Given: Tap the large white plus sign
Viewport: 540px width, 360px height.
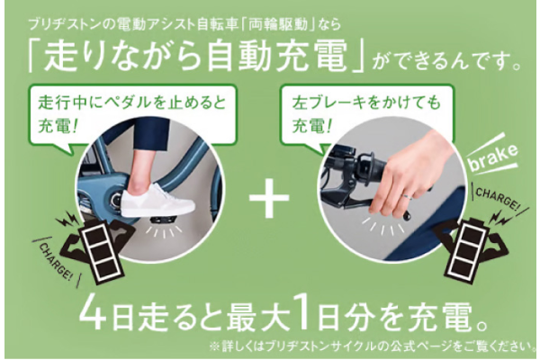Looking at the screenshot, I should coord(266,200).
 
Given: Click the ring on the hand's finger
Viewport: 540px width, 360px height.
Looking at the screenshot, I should coord(409,192).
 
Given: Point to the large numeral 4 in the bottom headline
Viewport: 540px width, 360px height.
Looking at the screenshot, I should coord(93,317).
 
